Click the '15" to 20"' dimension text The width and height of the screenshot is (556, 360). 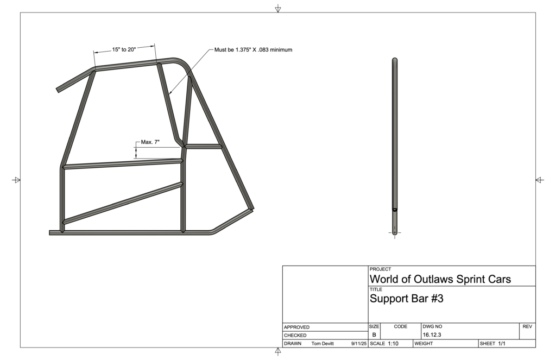click(x=124, y=49)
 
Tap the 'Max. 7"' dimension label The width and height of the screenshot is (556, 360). click(x=150, y=142)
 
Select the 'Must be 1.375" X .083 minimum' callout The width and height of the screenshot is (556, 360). click(x=253, y=49)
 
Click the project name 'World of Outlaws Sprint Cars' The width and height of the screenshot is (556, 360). click(x=440, y=279)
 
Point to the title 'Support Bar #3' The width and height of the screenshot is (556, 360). click(x=406, y=299)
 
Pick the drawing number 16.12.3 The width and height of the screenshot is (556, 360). click(x=432, y=335)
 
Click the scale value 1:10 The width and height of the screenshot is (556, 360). click(x=393, y=344)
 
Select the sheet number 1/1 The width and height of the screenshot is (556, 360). click(x=502, y=344)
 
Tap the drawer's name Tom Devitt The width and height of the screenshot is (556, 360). click(x=323, y=344)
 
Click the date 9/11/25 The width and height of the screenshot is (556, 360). click(x=359, y=344)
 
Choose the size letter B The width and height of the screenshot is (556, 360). click(x=374, y=335)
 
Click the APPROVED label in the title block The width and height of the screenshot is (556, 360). click(x=296, y=327)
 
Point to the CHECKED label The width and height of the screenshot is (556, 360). click(x=295, y=336)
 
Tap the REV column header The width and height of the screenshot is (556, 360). click(x=527, y=326)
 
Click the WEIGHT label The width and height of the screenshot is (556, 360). click(x=424, y=344)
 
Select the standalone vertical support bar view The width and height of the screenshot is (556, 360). click(x=395, y=146)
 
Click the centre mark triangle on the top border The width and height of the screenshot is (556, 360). click(x=278, y=9)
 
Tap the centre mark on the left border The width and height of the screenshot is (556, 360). click(x=16, y=180)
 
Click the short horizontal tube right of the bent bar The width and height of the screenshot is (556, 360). click(x=203, y=146)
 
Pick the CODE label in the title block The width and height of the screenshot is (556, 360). click(x=401, y=326)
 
